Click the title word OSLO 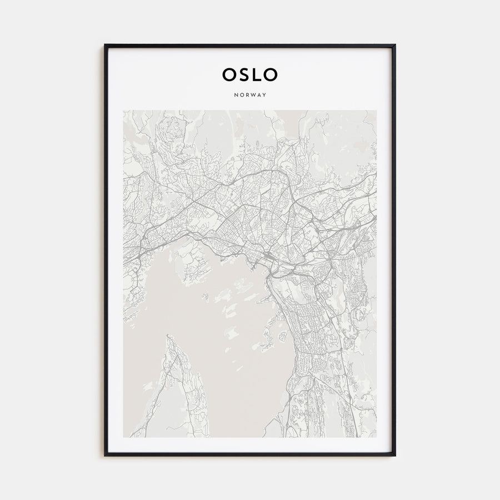[250, 74]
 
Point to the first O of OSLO [228, 74]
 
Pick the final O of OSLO [272, 74]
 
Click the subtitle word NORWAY [250, 95]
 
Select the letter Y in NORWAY [265, 95]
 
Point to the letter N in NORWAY [236, 95]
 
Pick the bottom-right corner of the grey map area [376, 437]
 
